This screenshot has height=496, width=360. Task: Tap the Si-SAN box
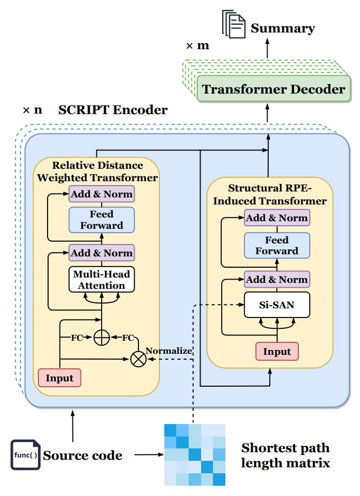[277, 305]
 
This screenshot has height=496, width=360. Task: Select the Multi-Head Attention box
[102, 280]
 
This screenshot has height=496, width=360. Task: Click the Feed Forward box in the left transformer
[102, 220]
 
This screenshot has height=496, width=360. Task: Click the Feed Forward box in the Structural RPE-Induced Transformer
[277, 245]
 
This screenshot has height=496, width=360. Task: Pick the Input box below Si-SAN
[277, 352]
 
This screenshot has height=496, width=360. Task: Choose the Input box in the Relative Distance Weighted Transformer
[59, 378]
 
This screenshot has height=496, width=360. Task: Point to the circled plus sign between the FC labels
[102, 338]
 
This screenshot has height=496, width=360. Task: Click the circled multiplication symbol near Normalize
[139, 359]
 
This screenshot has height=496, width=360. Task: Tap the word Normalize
[169, 350]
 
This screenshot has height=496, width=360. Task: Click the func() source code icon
[25, 455]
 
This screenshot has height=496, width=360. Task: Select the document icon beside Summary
[232, 25]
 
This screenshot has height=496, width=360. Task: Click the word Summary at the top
[282, 28]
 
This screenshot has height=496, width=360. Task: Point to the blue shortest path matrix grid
[195, 455]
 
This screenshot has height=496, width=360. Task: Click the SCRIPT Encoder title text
[113, 110]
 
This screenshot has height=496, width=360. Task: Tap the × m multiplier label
[197, 45]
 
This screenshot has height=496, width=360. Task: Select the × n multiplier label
[32, 110]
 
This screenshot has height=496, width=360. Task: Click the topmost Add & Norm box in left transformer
[102, 194]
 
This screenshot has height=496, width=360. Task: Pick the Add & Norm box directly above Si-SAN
[277, 279]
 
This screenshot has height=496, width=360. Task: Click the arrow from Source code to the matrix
[147, 455]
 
